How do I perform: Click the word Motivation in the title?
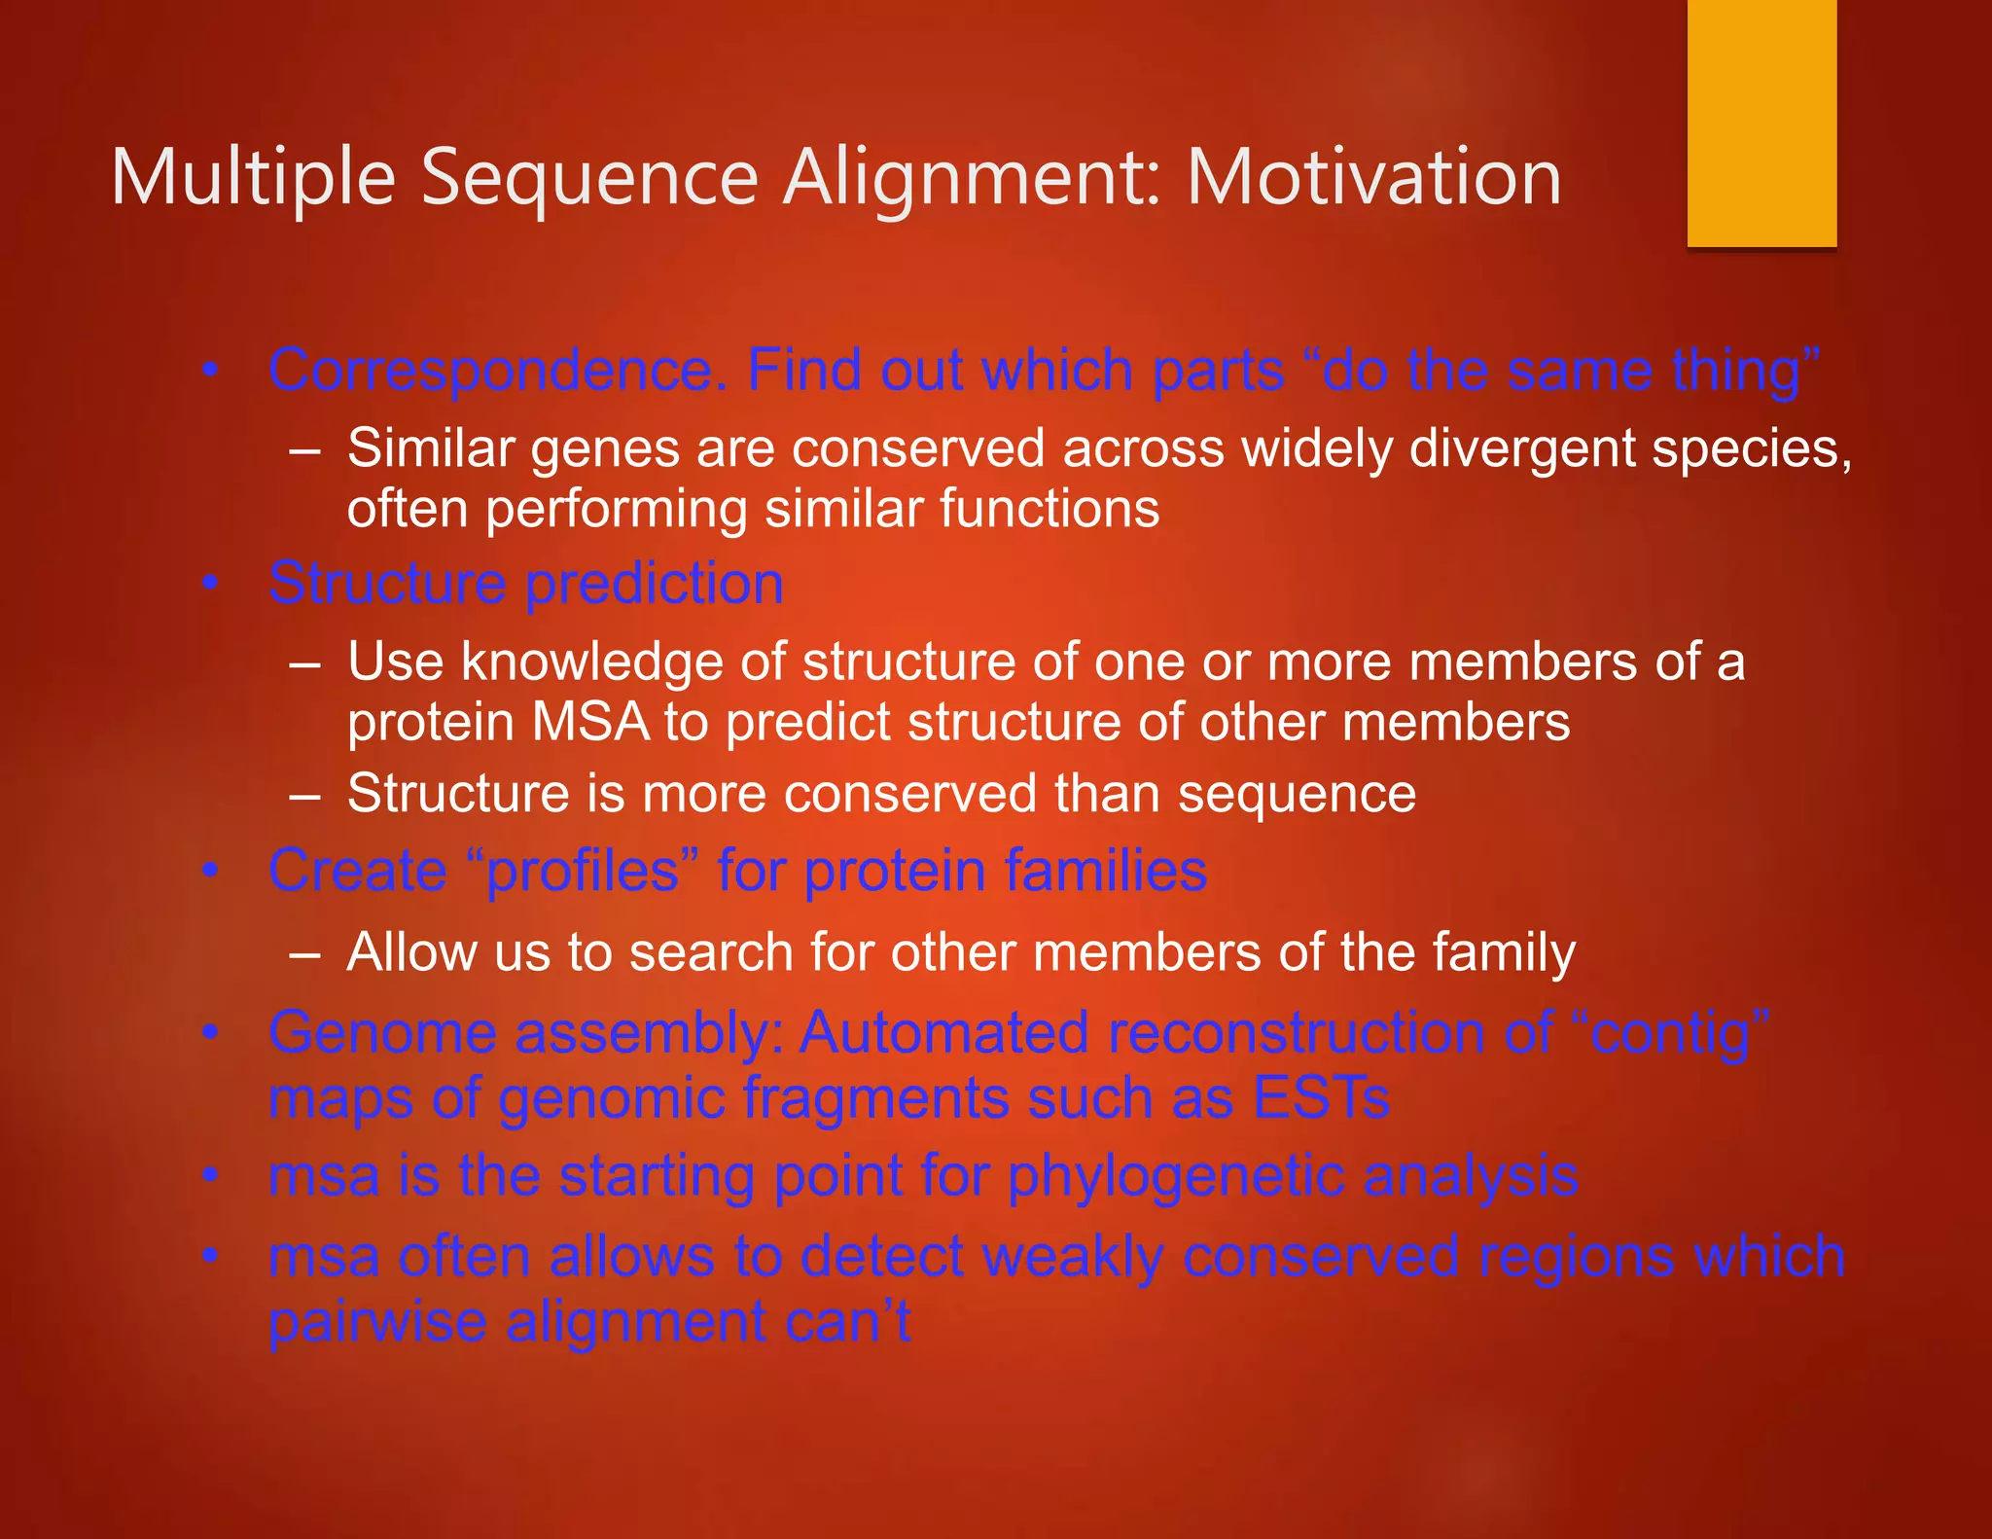[1373, 177]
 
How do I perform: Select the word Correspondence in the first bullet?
[498, 373]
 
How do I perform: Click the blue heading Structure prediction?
[526, 584]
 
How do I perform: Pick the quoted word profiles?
[582, 871]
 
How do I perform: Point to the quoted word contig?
[1669, 1033]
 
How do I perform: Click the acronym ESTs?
[1320, 1098]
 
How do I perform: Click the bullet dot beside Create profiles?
[208, 871]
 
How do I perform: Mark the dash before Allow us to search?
[304, 953]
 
